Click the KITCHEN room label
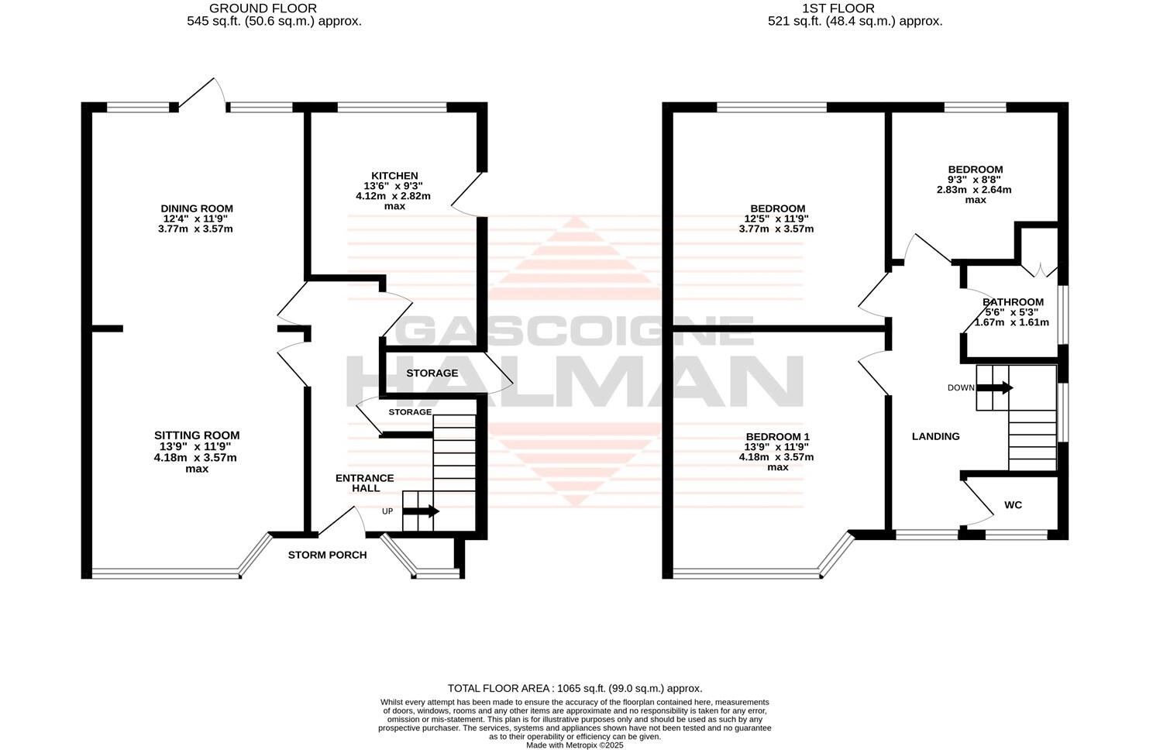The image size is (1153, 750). (x=394, y=176)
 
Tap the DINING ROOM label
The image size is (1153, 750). (x=197, y=208)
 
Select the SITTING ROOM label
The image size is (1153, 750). (x=197, y=435)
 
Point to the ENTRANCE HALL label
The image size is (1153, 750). (x=365, y=483)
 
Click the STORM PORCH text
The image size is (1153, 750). (x=327, y=555)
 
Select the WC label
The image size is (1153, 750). (x=1013, y=505)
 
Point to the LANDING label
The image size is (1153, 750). (x=935, y=436)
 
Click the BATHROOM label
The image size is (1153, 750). (x=1013, y=302)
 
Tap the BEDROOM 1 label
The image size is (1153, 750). (x=777, y=436)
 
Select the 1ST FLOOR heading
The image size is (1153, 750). (x=827, y=9)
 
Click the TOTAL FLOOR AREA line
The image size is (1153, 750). (x=575, y=688)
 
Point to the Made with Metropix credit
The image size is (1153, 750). (x=575, y=745)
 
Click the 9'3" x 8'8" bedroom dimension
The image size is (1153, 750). (x=976, y=180)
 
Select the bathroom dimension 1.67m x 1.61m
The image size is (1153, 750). (x=1011, y=322)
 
